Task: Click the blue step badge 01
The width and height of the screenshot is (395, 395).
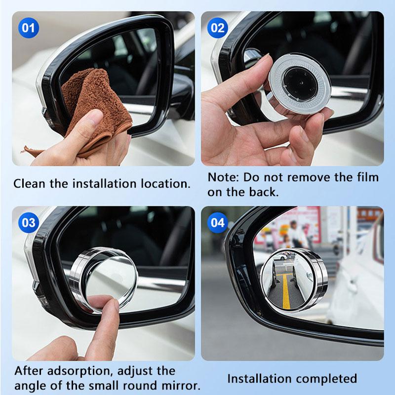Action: (x=29, y=28)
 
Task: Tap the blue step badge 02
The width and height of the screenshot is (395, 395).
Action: (x=218, y=28)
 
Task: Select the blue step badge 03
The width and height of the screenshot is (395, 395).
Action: (x=29, y=223)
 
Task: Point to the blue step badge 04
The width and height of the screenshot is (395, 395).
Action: (x=218, y=223)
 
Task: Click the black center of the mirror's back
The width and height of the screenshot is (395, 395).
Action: (x=300, y=82)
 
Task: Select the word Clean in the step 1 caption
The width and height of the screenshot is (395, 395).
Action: (x=30, y=184)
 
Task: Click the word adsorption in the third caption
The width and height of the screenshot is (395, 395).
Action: (x=80, y=371)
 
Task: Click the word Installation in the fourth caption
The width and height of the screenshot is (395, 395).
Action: (x=259, y=379)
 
